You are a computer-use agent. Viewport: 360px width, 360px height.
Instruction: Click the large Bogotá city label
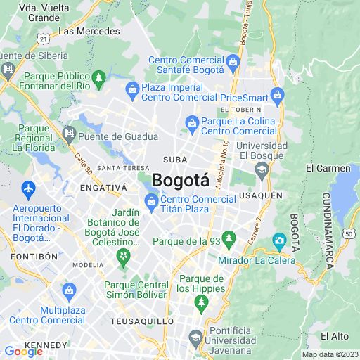181,180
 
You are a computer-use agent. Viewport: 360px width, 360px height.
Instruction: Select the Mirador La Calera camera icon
279,241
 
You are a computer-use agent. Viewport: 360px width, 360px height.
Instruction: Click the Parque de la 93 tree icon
228,238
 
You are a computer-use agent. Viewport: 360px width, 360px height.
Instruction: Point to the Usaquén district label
260,195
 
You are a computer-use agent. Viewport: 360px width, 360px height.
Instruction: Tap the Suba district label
175,160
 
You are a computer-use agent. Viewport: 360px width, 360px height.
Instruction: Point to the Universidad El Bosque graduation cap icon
262,168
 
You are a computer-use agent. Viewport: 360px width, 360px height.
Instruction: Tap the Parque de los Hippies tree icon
202,302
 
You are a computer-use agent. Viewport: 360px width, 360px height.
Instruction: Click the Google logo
23,352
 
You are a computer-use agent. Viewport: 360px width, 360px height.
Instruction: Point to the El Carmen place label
328,168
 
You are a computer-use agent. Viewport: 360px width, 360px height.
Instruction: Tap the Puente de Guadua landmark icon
69,134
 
